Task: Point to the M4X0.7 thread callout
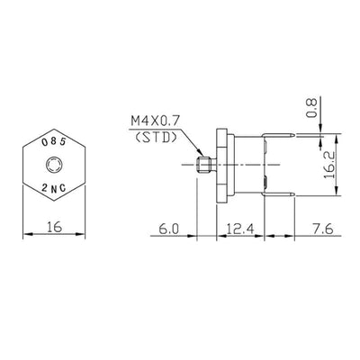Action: point(155,119)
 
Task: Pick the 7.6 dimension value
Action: point(322,230)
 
